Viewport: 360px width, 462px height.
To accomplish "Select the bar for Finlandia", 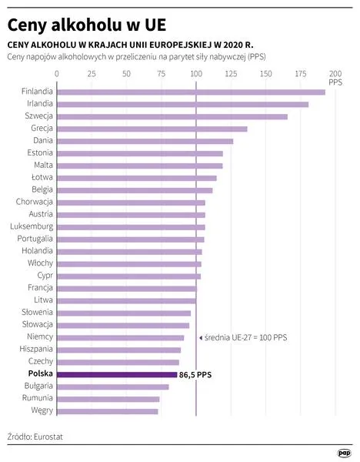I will pos(191,92).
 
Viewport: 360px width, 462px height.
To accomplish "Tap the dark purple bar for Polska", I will pos(117,374).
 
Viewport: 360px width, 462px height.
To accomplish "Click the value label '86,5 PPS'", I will pos(195,374).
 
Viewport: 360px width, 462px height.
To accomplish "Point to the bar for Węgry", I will pos(108,411).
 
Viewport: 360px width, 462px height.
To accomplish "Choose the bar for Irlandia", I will pos(182,104).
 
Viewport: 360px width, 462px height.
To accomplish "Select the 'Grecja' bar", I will pos(152,129).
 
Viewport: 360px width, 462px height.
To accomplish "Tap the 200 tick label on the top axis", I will pos(335,74).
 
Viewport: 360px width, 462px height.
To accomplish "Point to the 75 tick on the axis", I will pos(162,74).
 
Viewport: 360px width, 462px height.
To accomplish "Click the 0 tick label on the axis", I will pos(57,74).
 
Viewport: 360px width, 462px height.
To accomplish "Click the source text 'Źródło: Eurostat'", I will pos(35,437).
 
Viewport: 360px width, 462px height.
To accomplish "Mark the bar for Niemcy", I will pos(121,337).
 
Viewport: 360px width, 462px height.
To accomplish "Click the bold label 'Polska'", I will pos(38,374).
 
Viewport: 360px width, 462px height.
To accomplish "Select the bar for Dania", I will pos(145,141).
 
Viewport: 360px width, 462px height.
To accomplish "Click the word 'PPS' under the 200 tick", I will pos(335,82).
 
